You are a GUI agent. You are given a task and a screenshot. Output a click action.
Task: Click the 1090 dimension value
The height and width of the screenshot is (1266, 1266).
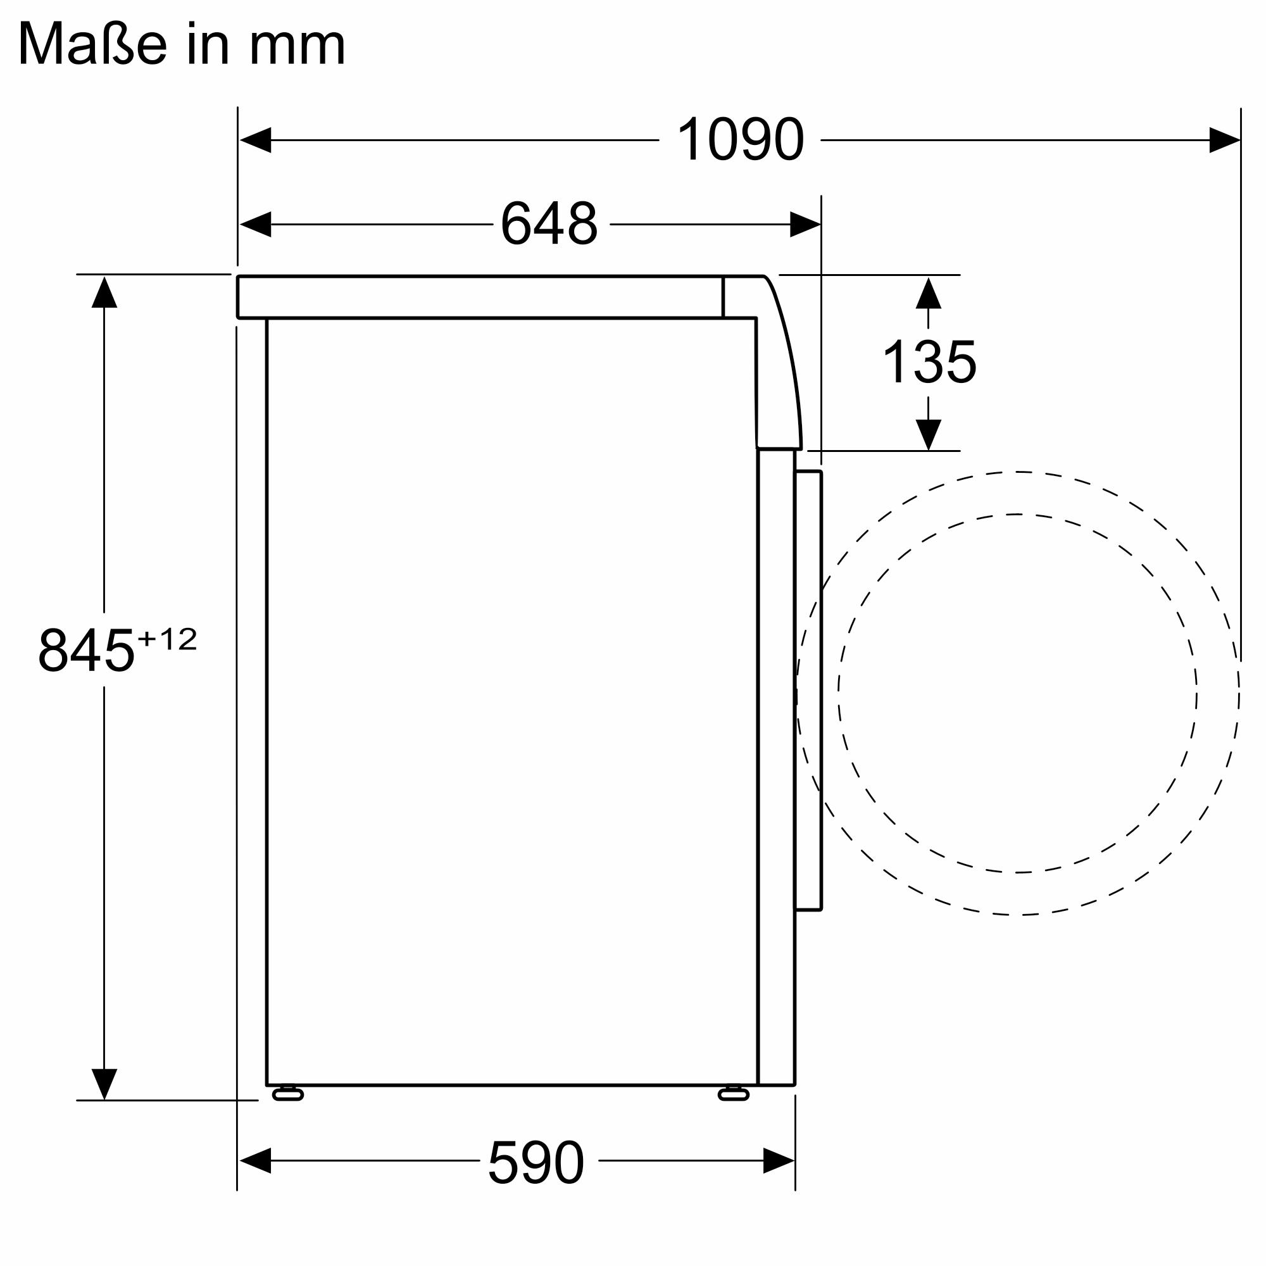pos(740,139)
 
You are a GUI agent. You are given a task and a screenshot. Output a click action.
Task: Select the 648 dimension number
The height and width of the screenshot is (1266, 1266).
pos(549,224)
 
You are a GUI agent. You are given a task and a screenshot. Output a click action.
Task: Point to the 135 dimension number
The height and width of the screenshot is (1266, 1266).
pos(929,362)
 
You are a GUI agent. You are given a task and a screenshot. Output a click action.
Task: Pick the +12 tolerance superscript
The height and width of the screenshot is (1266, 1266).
pos(167,638)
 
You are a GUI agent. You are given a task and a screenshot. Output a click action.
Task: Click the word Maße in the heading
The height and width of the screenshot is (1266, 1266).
pos(92,44)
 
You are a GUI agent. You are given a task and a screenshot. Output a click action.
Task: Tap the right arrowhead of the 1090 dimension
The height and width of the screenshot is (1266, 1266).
pos(1224,141)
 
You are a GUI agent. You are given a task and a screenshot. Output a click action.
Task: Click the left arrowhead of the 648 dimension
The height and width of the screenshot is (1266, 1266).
pos(256,224)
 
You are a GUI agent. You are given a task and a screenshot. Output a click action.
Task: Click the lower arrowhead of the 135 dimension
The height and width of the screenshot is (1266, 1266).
pos(929,434)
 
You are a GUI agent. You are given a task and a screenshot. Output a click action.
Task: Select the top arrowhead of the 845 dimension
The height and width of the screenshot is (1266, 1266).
pos(104,292)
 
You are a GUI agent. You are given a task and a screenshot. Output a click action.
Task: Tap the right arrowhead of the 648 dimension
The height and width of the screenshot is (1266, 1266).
pos(805,224)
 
